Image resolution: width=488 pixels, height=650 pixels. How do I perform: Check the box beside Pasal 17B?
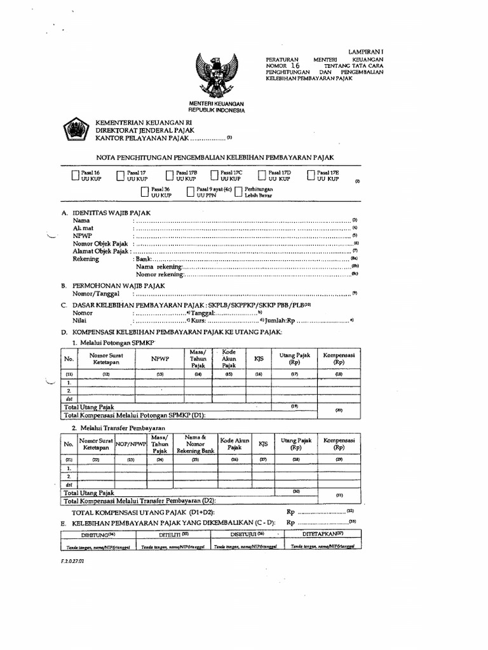(169, 176)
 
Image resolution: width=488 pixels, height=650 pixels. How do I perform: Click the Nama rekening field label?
(158, 267)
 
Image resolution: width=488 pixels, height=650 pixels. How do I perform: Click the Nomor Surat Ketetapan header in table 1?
(107, 360)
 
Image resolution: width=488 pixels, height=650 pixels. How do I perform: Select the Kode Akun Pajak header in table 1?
(229, 359)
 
